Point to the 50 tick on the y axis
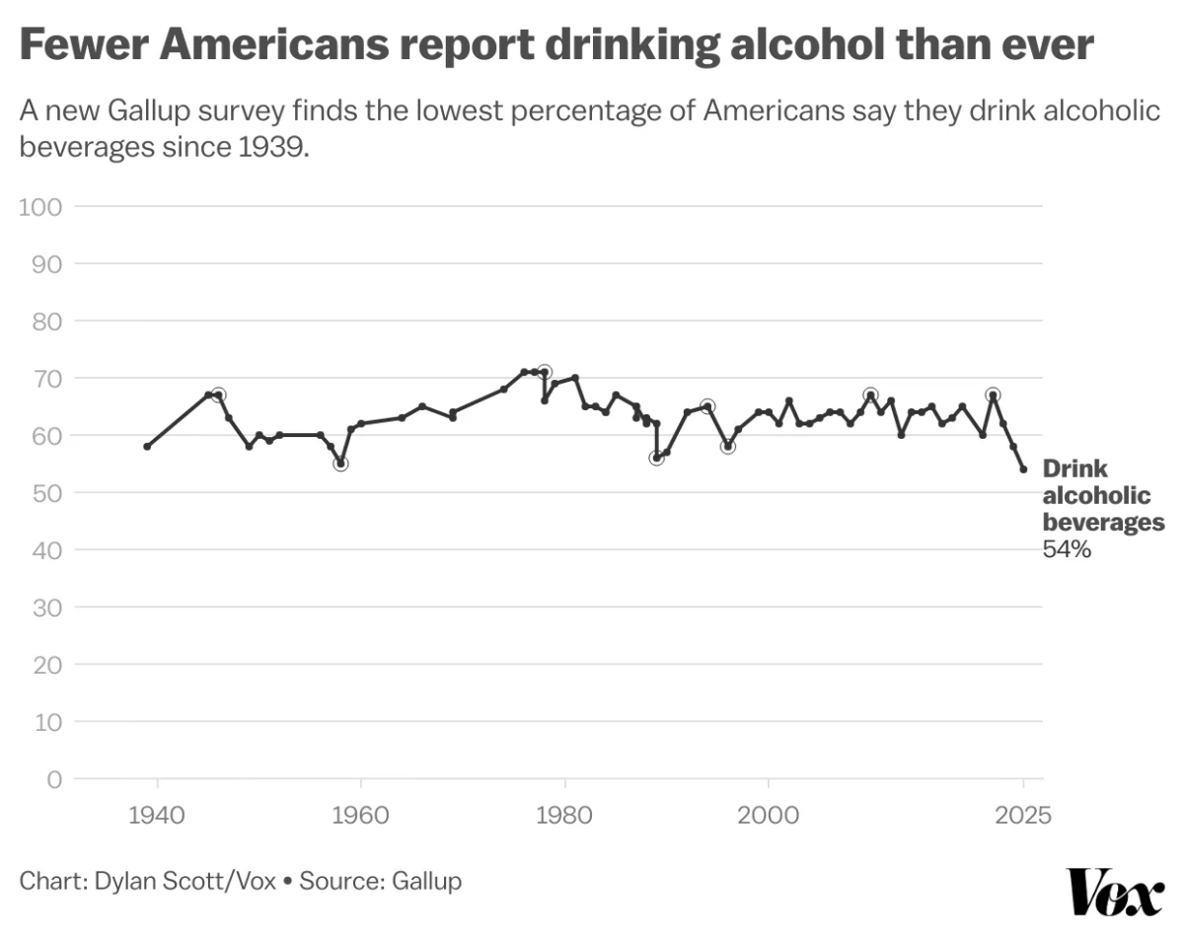click(x=47, y=493)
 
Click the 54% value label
click(x=1067, y=550)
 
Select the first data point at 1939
click(x=147, y=447)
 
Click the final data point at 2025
click(x=1023, y=469)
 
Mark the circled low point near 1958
click(x=340, y=464)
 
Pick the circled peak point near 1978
click(x=545, y=372)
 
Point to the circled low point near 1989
click(x=656, y=458)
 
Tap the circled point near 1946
click(x=218, y=395)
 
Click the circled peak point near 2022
click(x=993, y=395)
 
